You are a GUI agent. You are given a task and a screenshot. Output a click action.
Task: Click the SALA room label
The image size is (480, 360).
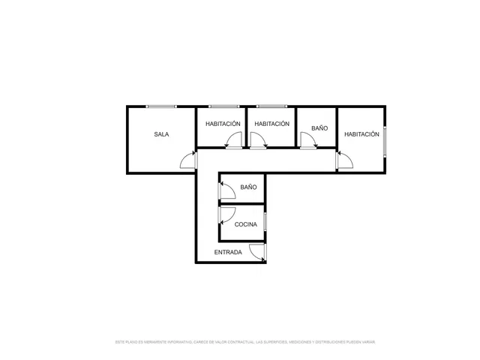(x=161, y=135)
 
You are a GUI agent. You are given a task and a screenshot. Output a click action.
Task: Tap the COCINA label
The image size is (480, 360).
(x=246, y=224)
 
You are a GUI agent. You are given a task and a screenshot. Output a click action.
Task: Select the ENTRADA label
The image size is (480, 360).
(x=228, y=252)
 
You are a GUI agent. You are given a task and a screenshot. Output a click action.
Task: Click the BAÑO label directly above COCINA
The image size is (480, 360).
(x=249, y=187)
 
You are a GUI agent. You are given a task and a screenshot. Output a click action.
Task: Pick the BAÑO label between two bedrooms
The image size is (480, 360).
(x=319, y=128)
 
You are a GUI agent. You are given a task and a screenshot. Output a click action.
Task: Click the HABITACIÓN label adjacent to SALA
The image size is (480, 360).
(x=223, y=124)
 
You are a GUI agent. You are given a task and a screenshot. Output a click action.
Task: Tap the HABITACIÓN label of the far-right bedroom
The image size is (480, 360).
(x=361, y=134)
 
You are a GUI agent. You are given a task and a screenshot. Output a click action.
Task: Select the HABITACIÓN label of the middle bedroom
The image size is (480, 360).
(x=271, y=124)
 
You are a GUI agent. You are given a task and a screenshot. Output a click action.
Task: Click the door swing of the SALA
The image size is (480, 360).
(x=187, y=160)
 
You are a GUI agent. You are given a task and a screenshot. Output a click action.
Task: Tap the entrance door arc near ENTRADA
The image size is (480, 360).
(x=257, y=253)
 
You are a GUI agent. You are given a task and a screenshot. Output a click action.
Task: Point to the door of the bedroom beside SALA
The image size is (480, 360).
(x=235, y=140)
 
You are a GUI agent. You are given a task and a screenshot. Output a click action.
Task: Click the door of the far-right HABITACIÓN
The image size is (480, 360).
(x=345, y=160)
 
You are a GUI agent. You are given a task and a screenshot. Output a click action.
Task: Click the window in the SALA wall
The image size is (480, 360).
(x=161, y=106)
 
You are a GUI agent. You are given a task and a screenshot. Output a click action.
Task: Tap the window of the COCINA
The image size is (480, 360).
(x=265, y=222)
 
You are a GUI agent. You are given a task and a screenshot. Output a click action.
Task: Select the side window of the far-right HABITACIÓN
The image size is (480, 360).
(x=385, y=141)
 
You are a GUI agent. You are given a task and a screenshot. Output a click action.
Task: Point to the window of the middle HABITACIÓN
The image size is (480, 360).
(x=271, y=106)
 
